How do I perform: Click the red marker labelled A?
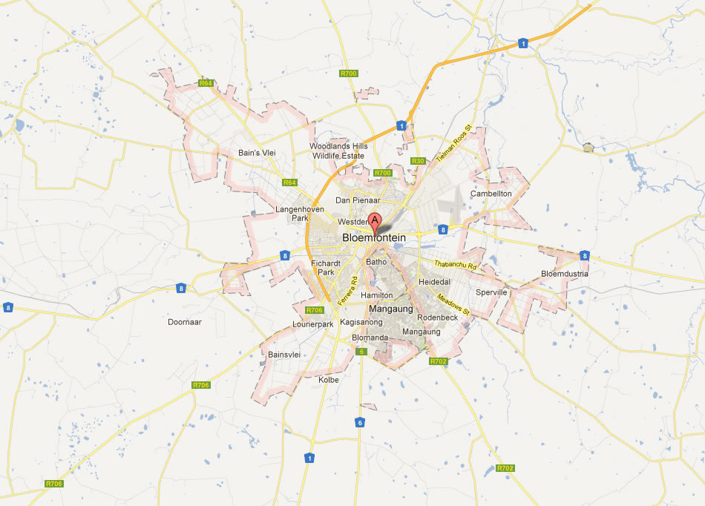(x=375, y=220)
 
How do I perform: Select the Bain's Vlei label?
(x=258, y=153)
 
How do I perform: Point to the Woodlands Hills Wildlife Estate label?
(x=338, y=151)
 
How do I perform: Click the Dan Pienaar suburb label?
(x=358, y=200)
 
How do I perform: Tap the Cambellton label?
(x=491, y=194)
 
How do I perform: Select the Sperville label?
(x=491, y=292)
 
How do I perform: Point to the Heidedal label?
(x=434, y=283)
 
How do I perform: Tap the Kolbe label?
(x=328, y=380)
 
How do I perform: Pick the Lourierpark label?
(x=313, y=324)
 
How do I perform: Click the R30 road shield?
(x=417, y=161)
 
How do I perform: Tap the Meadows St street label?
(x=453, y=304)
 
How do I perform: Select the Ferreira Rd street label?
(x=347, y=292)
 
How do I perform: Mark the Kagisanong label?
(x=361, y=323)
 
